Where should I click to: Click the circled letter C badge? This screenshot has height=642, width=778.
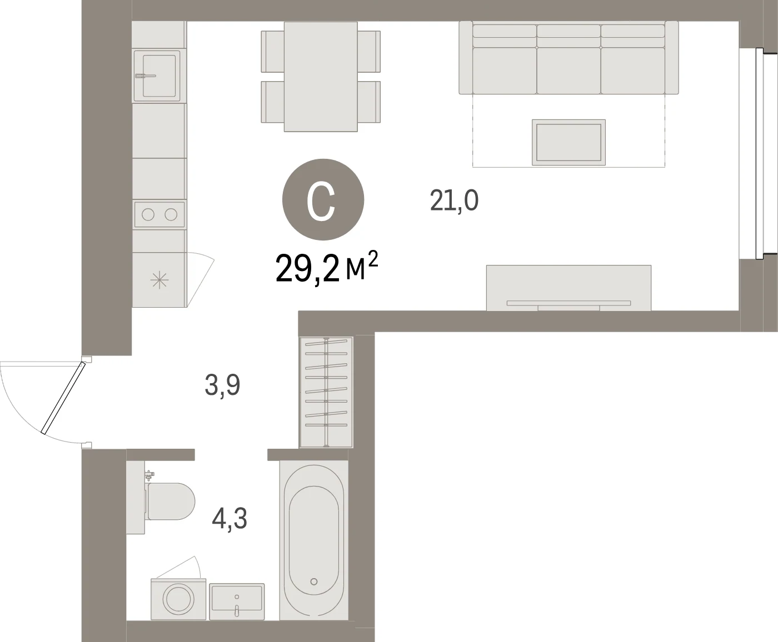pyautogui.click(x=323, y=199)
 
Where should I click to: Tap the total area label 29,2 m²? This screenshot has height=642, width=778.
pyautogui.click(x=327, y=267)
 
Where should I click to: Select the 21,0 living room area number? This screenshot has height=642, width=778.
pyautogui.click(x=454, y=200)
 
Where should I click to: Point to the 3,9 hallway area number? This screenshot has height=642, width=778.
pyautogui.click(x=222, y=385)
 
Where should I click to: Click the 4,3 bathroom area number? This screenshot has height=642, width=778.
pyautogui.click(x=230, y=519)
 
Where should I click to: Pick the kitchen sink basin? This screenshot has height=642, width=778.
pyautogui.click(x=159, y=76)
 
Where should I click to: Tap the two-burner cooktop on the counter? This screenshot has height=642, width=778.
pyautogui.click(x=159, y=214)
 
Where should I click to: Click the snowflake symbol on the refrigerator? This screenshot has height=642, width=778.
pyautogui.click(x=159, y=280)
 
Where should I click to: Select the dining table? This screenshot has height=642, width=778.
pyautogui.click(x=321, y=76)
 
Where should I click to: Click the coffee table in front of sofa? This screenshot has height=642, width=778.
pyautogui.click(x=568, y=142)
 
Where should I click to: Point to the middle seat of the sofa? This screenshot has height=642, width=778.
pyautogui.click(x=568, y=70)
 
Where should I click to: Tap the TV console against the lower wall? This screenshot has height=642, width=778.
pyautogui.click(x=568, y=288)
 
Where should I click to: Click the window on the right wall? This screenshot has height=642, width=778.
pyautogui.click(x=759, y=153)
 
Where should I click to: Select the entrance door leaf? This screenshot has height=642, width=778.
pyautogui.click(x=63, y=398)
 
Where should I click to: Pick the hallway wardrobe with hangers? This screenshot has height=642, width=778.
pyautogui.click(x=326, y=392)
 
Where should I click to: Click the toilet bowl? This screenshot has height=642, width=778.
pyautogui.click(x=171, y=501)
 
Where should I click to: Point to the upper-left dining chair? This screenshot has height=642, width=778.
pyautogui.click(x=272, y=52)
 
